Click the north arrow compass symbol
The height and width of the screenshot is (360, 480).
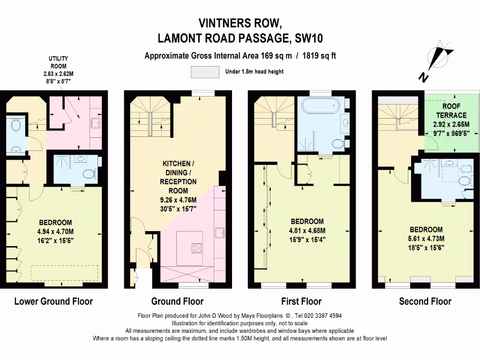(x=438, y=60)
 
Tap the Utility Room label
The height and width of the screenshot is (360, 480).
(x=59, y=62)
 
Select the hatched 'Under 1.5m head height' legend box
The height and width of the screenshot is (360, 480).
(x=205, y=72)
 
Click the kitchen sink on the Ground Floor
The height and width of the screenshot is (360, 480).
(x=219, y=233)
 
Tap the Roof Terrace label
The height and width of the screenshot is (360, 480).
(x=451, y=111)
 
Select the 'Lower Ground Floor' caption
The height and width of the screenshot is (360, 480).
(x=53, y=301)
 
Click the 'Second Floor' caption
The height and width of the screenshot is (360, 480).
(x=425, y=301)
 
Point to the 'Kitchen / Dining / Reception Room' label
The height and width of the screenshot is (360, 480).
(x=178, y=177)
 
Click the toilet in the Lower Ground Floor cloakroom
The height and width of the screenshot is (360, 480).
(x=15, y=125)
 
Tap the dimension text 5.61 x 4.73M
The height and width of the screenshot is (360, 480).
(x=426, y=239)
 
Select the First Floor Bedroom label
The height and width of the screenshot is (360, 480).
(x=307, y=221)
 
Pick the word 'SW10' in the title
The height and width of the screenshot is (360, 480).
(x=308, y=38)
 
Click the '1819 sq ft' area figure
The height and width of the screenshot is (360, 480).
(x=319, y=56)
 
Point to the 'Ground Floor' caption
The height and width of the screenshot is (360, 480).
(x=177, y=301)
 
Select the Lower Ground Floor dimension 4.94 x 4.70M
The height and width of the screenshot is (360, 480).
(x=55, y=232)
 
